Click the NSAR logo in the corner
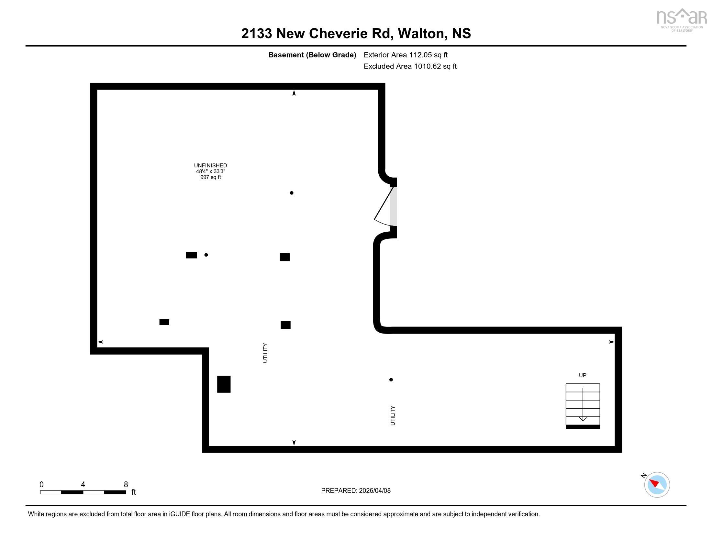[x=681, y=19]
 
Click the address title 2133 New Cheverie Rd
[x=316, y=34]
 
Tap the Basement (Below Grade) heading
[x=312, y=55]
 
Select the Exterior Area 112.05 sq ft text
[x=406, y=55]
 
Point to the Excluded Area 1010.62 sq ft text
[x=410, y=66]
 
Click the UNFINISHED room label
[x=211, y=166]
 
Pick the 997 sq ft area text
[x=211, y=177]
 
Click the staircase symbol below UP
[x=583, y=406]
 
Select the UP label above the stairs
[x=583, y=375]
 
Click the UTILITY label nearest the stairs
[x=393, y=415]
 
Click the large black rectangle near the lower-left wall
[x=224, y=384]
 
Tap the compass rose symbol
[x=657, y=485]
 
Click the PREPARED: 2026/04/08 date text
[x=356, y=491]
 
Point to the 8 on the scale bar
[x=126, y=485]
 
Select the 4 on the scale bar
[x=83, y=485]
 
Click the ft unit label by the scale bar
[x=134, y=492]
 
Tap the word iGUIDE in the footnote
[x=179, y=514]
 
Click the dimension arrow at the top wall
[x=294, y=93]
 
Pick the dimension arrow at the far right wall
[x=612, y=342]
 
